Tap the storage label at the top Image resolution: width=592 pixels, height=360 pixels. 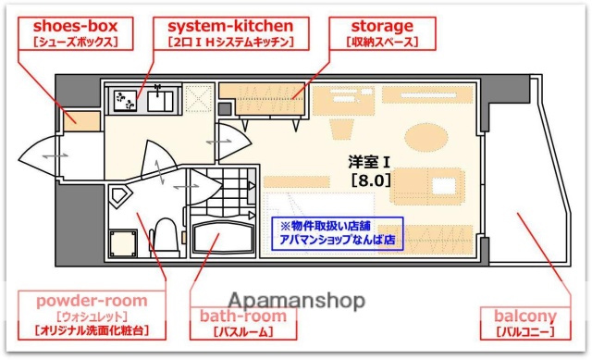[x=382, y=26]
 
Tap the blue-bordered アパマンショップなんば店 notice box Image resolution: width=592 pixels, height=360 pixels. [x=337, y=231]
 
